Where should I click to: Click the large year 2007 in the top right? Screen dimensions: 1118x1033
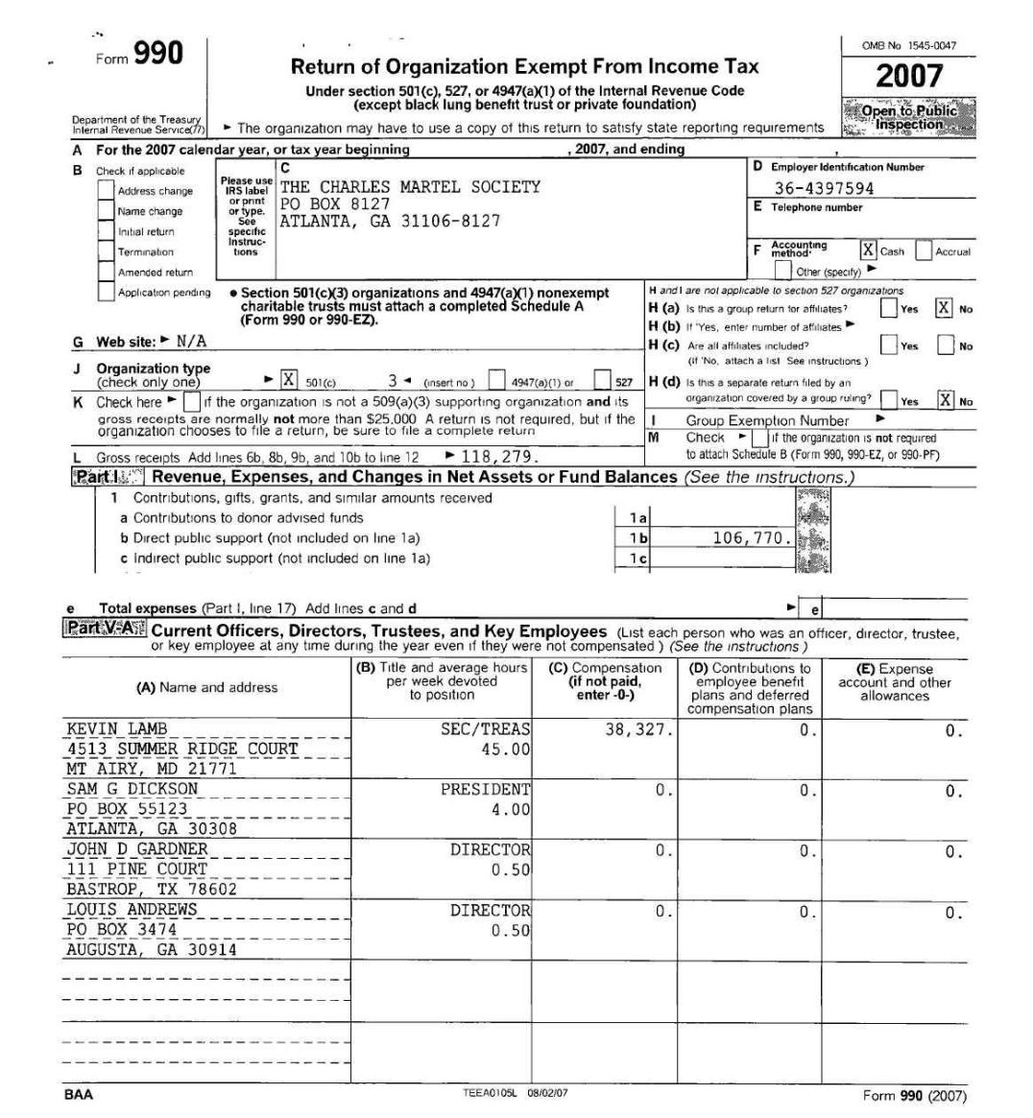[908, 76]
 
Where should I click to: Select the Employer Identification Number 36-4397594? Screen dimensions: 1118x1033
[824, 188]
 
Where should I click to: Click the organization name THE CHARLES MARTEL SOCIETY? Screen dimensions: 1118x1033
[410, 187]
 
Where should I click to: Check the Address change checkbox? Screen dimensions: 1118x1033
[106, 191]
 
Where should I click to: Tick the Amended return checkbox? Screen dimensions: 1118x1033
[106, 272]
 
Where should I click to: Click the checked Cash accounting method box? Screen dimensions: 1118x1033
[868, 250]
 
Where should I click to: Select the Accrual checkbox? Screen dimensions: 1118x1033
[924, 250]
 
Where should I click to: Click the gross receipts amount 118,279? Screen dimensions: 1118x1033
[499, 457]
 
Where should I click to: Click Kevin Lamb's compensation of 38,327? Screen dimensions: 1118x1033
[638, 729]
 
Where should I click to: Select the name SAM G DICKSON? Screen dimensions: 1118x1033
[132, 789]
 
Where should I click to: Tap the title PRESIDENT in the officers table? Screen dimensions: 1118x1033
[485, 789]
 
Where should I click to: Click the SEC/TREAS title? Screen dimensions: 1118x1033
[485, 729]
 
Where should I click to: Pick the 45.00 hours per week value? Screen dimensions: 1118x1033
[505, 749]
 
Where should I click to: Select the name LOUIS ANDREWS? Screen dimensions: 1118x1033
[132, 910]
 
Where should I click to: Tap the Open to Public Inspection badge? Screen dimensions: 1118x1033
[909, 117]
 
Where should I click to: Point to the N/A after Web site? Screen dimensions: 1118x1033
[190, 342]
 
